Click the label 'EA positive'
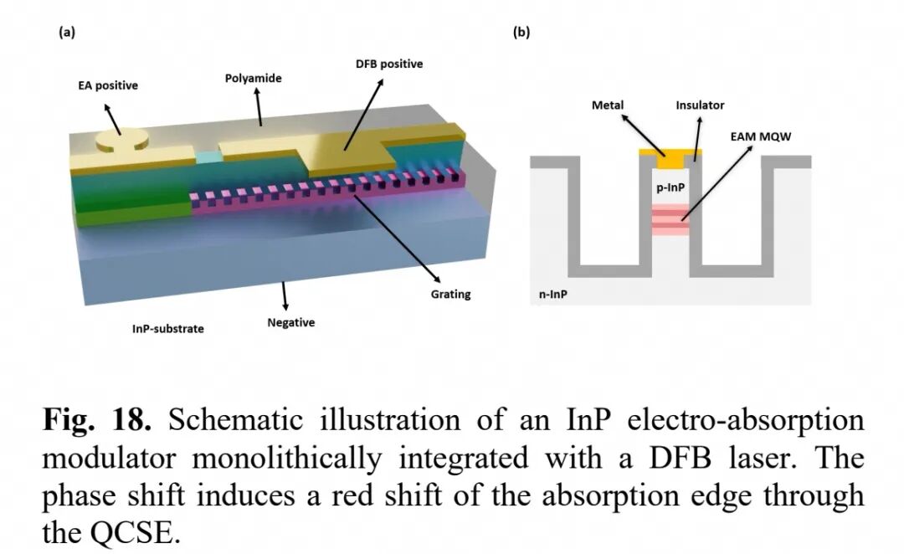coord(108,86)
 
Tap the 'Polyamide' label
coord(253,79)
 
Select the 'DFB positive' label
coord(389,64)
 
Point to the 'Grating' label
coord(451,294)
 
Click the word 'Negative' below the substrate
coord(291,322)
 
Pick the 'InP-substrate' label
coord(167,329)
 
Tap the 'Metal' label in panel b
coord(608,105)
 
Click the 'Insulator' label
coord(700,105)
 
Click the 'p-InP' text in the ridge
coord(670,187)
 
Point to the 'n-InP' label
coord(553,294)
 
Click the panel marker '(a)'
coord(67,33)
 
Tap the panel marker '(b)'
coord(521,33)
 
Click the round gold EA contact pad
coord(121,140)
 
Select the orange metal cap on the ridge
coord(670,156)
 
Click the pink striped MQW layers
coord(670,219)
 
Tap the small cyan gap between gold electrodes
coord(208,156)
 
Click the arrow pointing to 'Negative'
coord(285,296)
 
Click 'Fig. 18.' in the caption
coord(97,419)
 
